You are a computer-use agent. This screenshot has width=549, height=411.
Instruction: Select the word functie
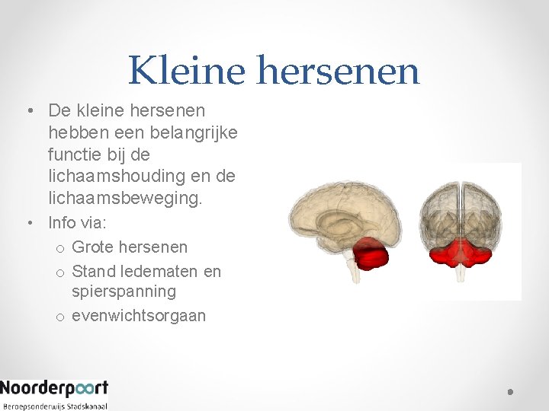(78, 155)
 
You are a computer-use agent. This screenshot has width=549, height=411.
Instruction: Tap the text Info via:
(77, 223)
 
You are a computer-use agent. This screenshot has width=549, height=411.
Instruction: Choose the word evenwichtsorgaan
(139, 315)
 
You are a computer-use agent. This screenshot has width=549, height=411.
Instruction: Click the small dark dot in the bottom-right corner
(510, 392)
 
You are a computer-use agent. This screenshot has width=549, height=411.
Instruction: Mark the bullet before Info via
(29, 223)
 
